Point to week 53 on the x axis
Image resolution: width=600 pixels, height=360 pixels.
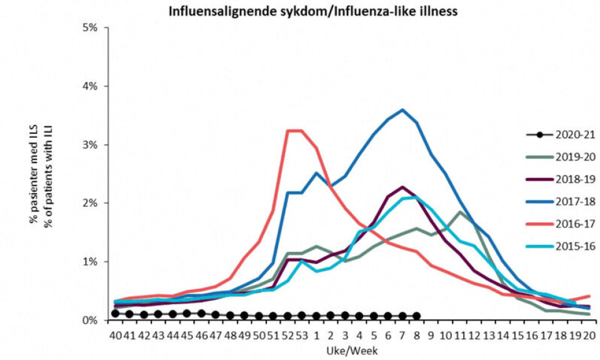pos(302,335)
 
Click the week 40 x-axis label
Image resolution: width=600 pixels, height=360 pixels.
pos(116,335)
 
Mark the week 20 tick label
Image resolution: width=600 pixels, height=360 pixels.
pos(589,335)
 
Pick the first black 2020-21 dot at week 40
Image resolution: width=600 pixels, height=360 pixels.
pos(116,313)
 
